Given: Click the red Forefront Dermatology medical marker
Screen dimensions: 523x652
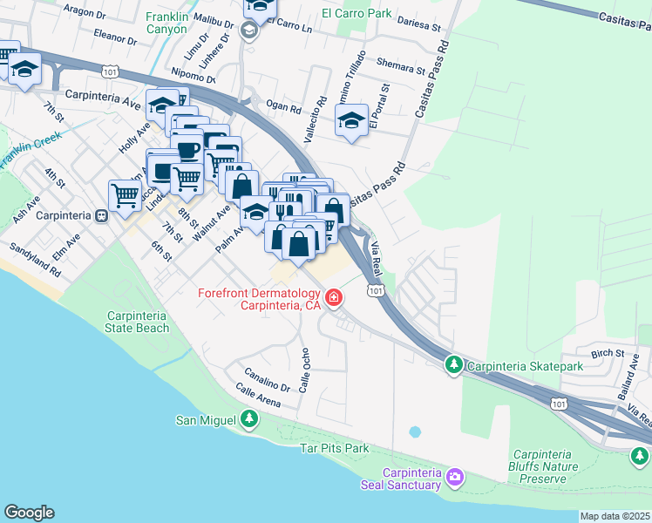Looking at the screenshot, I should coord(332,299).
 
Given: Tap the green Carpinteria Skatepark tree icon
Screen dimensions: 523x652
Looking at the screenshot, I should coord(453,365).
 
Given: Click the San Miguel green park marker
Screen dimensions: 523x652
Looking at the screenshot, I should coord(250,420).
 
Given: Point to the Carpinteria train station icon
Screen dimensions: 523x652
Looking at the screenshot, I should coord(102,215).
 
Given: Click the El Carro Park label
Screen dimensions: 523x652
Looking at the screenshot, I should coord(356,13).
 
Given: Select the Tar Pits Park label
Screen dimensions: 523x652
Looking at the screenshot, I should coord(335,448).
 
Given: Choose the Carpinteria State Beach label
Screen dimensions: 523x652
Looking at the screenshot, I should coord(137,322).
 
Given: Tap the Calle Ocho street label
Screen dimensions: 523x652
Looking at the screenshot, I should coord(305,370).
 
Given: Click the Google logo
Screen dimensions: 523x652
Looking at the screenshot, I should coord(29,513).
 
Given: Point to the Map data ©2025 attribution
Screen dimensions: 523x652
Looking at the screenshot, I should coord(615,516).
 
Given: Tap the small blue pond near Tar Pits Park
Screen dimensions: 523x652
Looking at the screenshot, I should coord(413,431).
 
